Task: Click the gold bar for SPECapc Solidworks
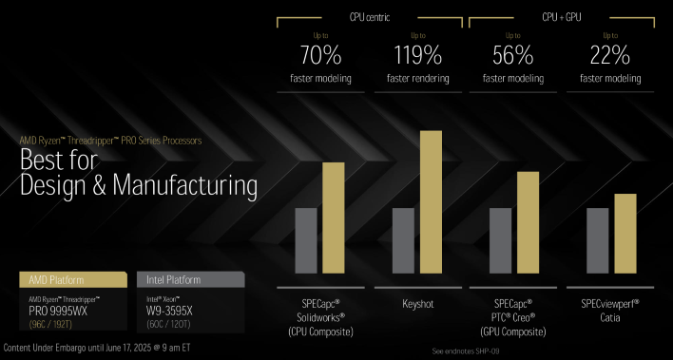pos(333,223)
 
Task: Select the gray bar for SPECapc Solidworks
pos(306,245)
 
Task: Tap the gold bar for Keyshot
pos(431,207)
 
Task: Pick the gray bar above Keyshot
pos(404,245)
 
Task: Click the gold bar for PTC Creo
pos(528,228)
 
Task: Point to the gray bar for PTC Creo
pos(501,245)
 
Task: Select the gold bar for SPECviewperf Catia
pos(625,238)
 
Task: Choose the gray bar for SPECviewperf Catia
pos(598,245)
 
